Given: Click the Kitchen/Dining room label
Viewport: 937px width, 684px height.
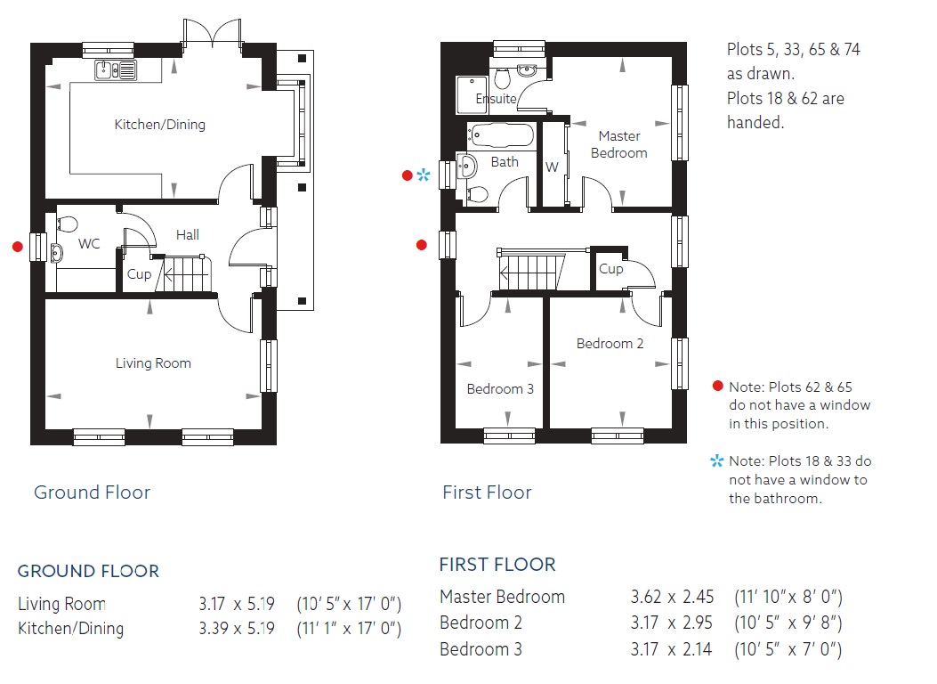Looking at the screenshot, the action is (159, 125).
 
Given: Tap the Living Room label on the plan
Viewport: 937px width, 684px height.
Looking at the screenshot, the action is (153, 362).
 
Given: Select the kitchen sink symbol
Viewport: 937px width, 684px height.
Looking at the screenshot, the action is (116, 70).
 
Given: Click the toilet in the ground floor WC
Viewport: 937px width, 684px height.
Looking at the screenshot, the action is (68, 224).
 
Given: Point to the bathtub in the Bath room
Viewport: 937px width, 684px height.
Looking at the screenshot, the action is (500, 135).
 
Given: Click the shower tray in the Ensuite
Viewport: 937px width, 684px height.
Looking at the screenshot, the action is (473, 94).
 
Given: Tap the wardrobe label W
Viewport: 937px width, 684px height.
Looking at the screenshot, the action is (552, 167).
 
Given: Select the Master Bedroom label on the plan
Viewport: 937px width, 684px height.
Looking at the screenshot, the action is (619, 144).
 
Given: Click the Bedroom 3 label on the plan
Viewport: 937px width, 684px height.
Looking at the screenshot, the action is (500, 388).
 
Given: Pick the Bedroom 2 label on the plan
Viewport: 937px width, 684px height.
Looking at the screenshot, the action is (610, 343).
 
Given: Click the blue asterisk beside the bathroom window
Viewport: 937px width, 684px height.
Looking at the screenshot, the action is (423, 175).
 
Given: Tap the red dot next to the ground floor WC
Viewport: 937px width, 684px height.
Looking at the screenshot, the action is (18, 247).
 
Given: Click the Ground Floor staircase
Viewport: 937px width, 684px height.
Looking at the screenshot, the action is (185, 274).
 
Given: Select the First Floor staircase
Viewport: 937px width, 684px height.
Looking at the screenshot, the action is (530, 270).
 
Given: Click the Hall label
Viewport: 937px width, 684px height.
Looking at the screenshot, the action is (188, 235).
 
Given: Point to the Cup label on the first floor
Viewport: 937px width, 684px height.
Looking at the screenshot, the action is (610, 269).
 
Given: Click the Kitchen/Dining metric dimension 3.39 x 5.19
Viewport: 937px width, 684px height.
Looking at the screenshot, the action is (237, 629).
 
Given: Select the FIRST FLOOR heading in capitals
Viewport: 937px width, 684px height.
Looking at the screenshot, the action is (497, 565).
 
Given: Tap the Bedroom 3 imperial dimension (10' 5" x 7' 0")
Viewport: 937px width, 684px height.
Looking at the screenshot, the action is (788, 649).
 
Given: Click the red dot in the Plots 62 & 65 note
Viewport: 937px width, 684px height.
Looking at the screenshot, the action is (718, 386).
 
